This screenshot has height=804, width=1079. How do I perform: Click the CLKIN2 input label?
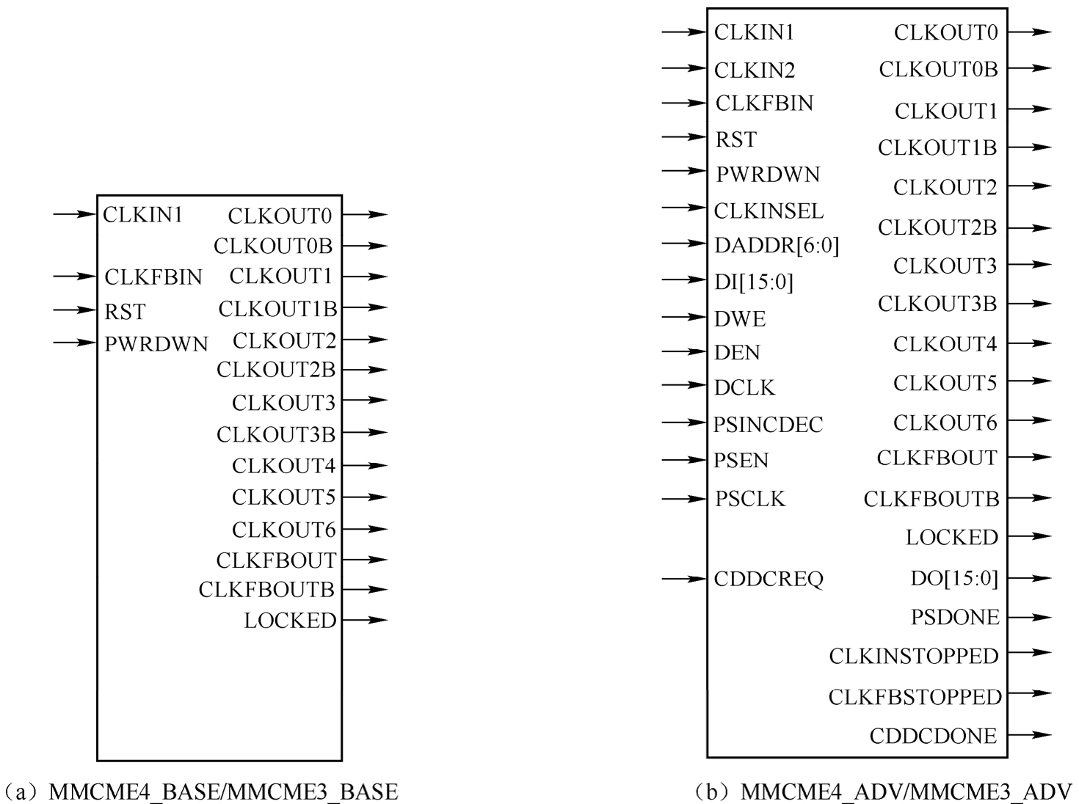(x=755, y=70)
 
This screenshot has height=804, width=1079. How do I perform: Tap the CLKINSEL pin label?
(x=769, y=211)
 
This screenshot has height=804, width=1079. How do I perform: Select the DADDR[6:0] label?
(x=776, y=245)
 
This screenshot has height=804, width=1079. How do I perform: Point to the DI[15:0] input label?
(x=753, y=282)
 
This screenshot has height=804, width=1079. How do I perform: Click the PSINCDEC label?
(x=768, y=425)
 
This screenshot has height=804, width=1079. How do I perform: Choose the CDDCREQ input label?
(x=769, y=580)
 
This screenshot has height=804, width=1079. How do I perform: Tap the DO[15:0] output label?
(x=954, y=579)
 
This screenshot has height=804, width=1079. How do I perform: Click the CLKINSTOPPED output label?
(x=914, y=656)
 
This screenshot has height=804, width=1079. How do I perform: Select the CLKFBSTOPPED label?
(x=915, y=696)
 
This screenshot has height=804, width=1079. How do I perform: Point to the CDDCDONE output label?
(x=933, y=736)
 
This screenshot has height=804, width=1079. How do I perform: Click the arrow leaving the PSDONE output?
(x=1030, y=618)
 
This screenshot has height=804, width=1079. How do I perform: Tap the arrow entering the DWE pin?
(x=683, y=318)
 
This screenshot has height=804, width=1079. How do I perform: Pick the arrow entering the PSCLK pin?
(x=683, y=500)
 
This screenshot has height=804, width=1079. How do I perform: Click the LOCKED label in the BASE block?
(x=290, y=621)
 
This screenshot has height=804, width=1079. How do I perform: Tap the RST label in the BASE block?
(x=125, y=312)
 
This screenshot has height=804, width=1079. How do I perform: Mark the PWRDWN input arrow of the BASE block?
(x=75, y=342)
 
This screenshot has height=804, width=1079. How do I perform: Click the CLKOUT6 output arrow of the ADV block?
(x=1030, y=421)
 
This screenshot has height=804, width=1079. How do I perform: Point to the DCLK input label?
(x=744, y=387)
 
